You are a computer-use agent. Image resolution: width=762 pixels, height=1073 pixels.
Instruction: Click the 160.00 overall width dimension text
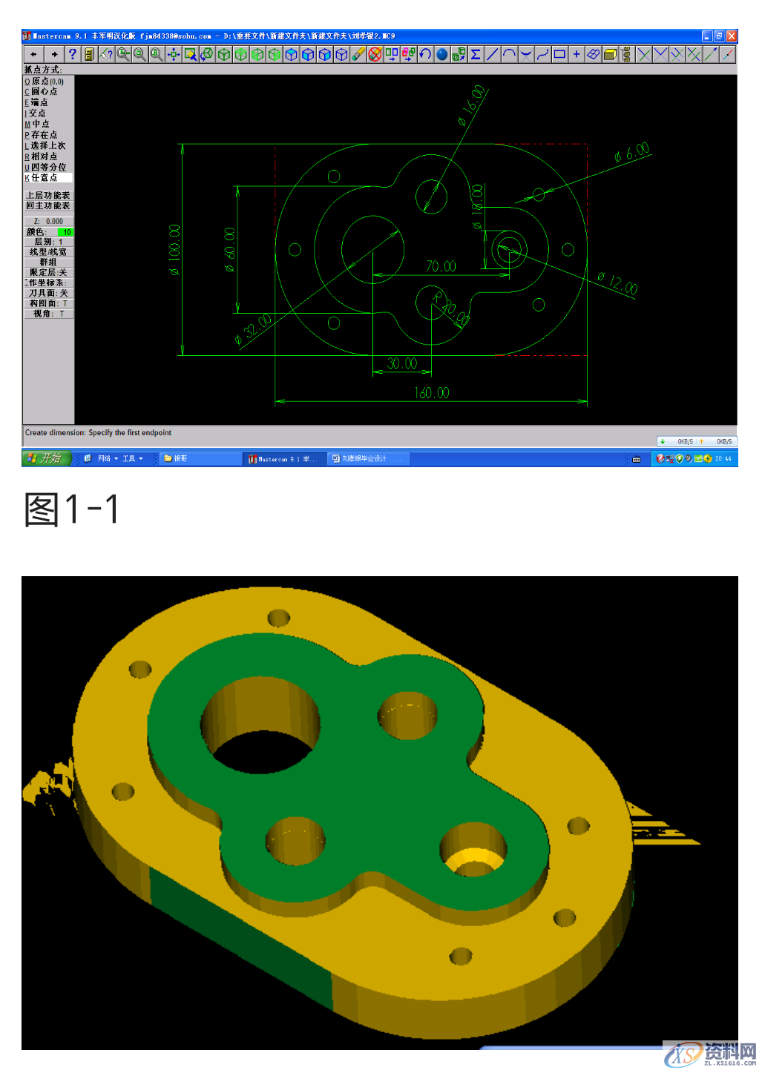click(432, 392)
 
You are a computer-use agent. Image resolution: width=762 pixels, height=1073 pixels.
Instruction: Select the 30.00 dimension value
click(402, 363)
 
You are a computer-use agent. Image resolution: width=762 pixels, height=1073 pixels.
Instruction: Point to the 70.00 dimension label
click(441, 266)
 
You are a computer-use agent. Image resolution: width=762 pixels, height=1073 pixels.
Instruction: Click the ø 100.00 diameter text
click(175, 250)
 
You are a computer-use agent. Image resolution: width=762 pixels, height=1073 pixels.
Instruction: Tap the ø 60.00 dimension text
click(230, 248)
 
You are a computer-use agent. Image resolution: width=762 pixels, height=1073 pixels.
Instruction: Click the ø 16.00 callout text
click(472, 105)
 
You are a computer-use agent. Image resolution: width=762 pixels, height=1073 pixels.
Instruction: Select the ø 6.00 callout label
click(631, 153)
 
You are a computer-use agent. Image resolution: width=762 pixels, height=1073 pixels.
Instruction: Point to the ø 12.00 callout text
click(617, 283)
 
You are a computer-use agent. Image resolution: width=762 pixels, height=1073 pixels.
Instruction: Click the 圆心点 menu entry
click(43, 92)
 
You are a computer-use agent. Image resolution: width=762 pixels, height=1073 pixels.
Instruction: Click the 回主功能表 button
click(48, 206)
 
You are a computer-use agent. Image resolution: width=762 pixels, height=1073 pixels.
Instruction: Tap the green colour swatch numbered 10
click(65, 232)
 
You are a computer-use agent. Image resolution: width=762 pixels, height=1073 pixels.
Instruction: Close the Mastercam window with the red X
click(732, 36)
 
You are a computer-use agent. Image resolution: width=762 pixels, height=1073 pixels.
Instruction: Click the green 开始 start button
click(47, 458)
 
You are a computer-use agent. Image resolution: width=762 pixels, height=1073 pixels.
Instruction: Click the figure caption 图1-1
click(71, 509)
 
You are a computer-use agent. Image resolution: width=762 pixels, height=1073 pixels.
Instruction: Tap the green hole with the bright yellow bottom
click(473, 851)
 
